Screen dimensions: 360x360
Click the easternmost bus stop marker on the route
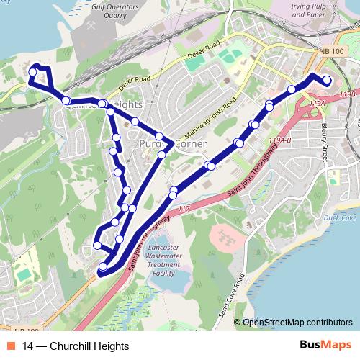click(x=328, y=80)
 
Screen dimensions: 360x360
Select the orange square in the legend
click(x=12, y=346)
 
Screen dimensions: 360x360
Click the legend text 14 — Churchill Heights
click(x=71, y=346)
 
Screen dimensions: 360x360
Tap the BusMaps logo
click(x=322, y=346)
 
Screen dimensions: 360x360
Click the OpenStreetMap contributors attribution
click(x=297, y=323)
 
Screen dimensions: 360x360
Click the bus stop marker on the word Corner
click(x=162, y=154)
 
